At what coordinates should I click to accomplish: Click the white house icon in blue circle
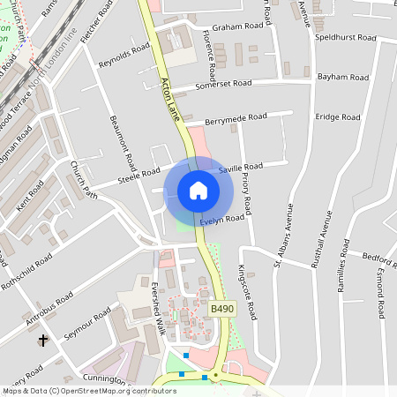[198, 191]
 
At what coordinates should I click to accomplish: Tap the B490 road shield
[222, 309]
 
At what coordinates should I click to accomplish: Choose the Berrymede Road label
[236, 117]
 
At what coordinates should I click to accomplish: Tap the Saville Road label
[241, 167]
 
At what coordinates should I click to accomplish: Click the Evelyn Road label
[221, 220]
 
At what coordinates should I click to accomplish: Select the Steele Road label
[139, 177]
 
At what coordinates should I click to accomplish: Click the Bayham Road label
[343, 78]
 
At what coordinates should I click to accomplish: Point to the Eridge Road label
[339, 117]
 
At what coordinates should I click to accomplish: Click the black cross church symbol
[43, 339]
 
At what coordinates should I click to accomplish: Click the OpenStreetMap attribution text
[76, 391]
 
